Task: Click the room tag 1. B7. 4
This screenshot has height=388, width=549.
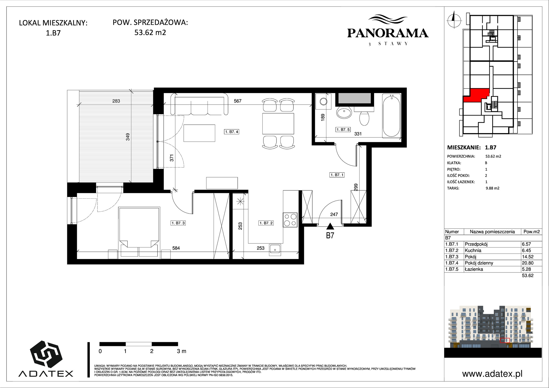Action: coord(232,132)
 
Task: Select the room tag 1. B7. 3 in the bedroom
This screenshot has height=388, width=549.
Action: coord(178,223)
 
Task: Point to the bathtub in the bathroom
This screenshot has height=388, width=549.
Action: coord(392,115)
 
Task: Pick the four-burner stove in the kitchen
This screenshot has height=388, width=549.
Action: coord(290,220)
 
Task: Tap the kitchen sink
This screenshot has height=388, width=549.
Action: coord(275,249)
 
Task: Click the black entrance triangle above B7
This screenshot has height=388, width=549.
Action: coord(330,226)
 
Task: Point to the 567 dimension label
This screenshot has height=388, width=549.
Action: coord(237,101)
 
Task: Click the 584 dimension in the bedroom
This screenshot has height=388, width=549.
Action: coord(176,248)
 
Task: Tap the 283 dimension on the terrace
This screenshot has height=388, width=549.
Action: coord(116,101)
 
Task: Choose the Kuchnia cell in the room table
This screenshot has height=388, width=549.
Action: coord(473,250)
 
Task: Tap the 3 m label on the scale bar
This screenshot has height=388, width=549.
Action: coord(181,351)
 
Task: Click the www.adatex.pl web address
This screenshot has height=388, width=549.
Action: coord(492,374)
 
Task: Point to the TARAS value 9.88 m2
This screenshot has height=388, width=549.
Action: coord(492,188)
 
